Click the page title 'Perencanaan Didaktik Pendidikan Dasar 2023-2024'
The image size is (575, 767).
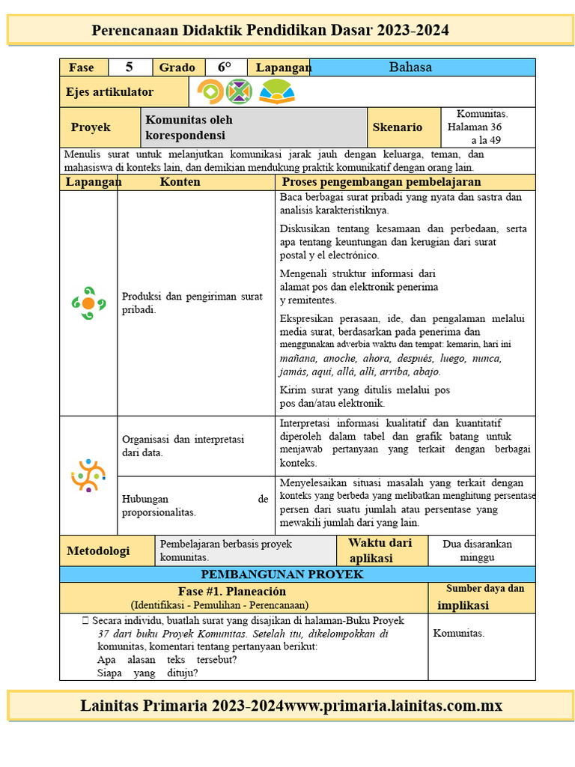[270, 31]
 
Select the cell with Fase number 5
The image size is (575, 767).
[129, 67]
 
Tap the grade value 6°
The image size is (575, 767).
[225, 67]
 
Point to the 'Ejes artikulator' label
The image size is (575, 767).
[110, 92]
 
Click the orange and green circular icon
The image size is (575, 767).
[209, 92]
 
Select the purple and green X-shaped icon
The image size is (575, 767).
[239, 92]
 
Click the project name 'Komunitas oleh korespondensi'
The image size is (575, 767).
[189, 128]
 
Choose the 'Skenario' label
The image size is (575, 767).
[397, 128]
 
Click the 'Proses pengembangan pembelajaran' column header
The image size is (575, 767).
[381, 182]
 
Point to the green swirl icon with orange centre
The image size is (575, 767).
[88, 303]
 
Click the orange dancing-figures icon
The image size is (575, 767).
[88, 475]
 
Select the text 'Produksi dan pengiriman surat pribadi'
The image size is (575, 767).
[192, 303]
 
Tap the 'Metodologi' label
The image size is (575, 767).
[98, 551]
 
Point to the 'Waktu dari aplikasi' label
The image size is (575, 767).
[380, 551]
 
